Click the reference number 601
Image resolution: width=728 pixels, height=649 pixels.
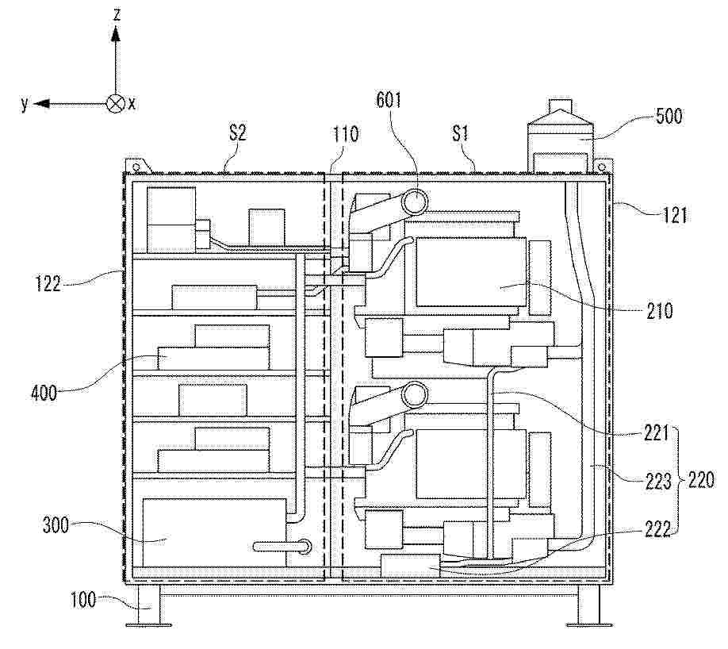388,99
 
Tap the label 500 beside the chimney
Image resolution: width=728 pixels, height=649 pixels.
669,116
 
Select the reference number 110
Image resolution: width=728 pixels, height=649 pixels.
346,134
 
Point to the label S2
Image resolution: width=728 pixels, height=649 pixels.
237,133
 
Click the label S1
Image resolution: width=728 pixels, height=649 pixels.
460,134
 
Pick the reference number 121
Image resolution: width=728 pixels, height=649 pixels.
674,215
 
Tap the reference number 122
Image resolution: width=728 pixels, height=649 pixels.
48,283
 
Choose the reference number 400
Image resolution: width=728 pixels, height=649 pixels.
44,393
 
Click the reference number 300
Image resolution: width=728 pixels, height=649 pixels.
56,525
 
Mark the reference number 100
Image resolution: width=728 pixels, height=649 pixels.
83,600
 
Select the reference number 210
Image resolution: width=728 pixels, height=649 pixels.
659,310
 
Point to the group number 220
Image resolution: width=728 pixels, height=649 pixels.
700,479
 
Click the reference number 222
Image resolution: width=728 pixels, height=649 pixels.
657,529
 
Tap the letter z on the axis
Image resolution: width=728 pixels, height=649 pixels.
117,14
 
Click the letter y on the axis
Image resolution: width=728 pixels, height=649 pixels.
25,104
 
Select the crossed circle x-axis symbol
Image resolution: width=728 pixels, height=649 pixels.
115,103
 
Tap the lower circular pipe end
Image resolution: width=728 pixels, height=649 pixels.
415,395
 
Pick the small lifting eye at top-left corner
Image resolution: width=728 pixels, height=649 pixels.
136,167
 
